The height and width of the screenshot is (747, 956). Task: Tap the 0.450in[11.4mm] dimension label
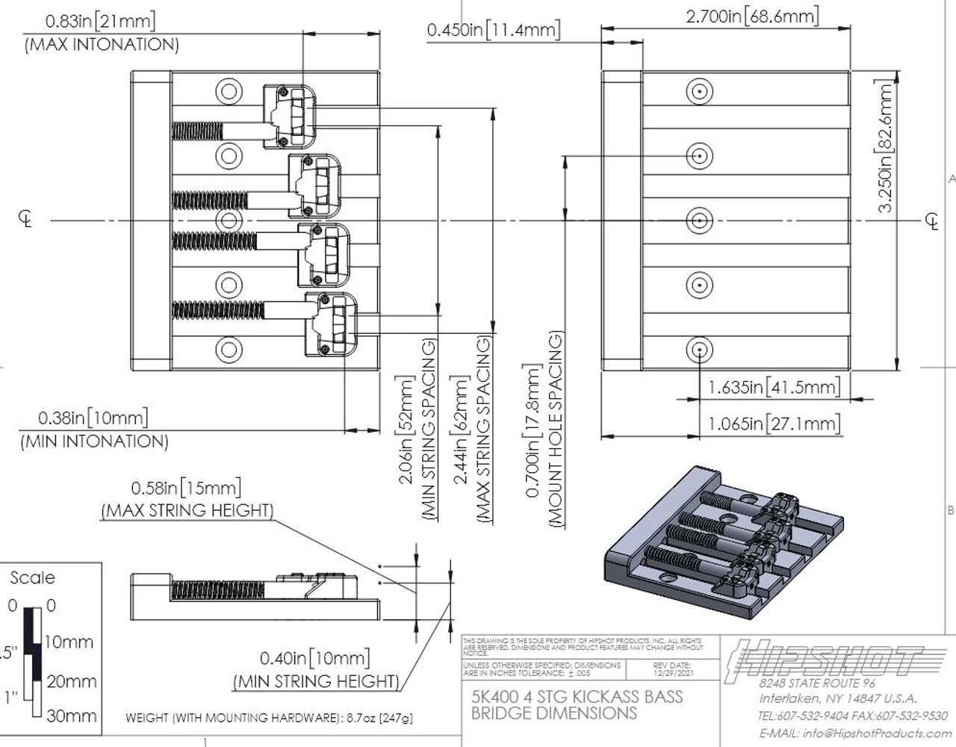click(493, 30)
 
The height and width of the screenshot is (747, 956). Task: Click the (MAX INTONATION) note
click(102, 45)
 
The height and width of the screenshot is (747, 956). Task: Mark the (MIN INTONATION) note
click(94, 441)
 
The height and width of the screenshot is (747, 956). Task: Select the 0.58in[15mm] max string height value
click(186, 489)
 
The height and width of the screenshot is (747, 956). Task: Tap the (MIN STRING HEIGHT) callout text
click(317, 681)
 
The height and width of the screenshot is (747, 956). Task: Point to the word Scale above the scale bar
click(32, 577)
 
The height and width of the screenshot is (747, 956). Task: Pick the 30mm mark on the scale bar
click(71, 716)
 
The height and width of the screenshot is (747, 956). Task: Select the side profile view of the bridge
click(254, 595)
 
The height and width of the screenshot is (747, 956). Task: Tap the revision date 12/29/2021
click(672, 672)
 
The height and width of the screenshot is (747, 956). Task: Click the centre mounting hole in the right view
click(699, 221)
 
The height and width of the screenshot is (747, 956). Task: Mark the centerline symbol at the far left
click(26, 219)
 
